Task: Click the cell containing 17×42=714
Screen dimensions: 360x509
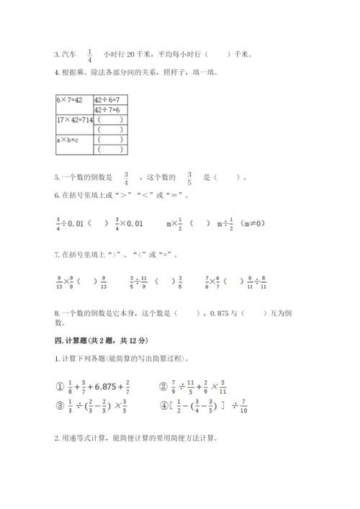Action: pos(73,120)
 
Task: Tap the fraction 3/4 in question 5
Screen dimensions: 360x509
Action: pos(125,177)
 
